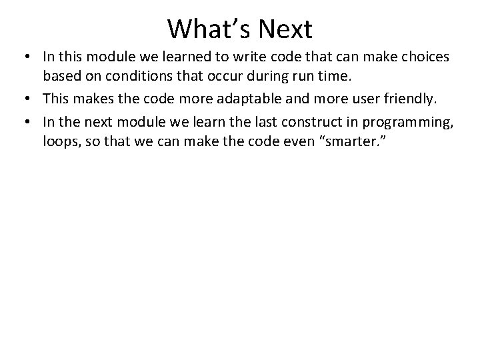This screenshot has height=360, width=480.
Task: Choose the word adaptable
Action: [x=247, y=100]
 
